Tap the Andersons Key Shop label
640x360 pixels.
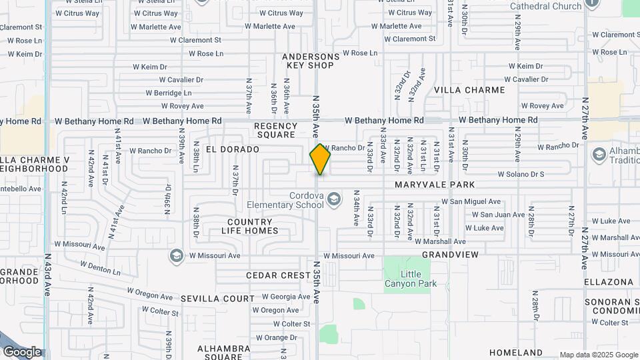tap(310, 61)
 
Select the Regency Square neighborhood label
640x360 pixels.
tap(275, 130)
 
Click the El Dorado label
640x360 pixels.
tap(232, 149)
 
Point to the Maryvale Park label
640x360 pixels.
tap(435, 185)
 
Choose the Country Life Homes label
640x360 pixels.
tap(250, 227)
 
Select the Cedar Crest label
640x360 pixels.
tap(278, 275)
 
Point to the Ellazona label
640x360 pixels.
tap(609, 282)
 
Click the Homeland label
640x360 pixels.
tap(516, 352)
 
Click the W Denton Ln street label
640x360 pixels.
tap(100, 268)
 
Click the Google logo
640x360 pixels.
tap(22, 352)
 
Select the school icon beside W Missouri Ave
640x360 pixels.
tap(177, 255)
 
